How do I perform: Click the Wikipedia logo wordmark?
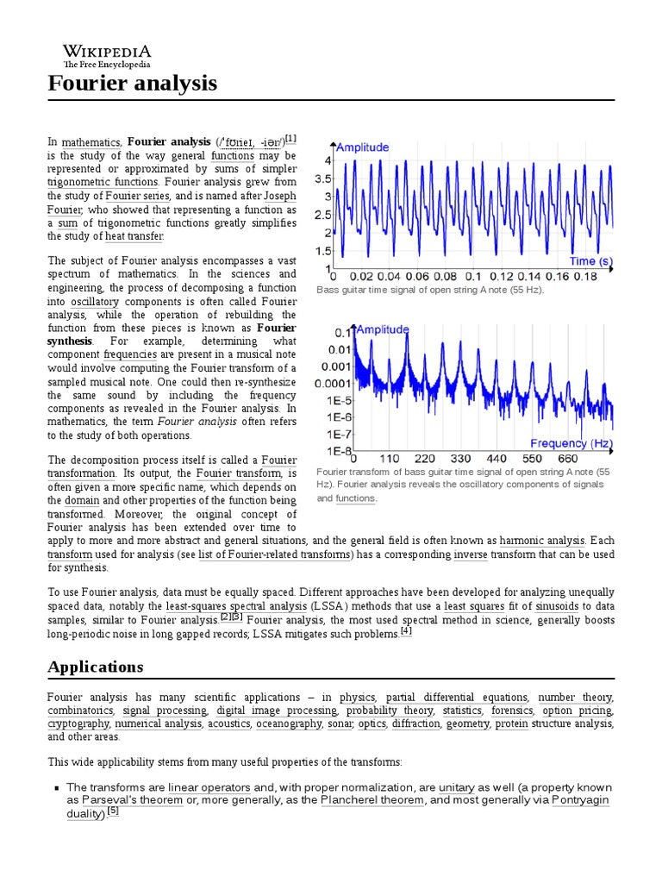point(107,53)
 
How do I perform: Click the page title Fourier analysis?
point(132,84)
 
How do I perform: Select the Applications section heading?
point(96,667)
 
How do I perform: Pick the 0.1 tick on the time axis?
point(473,278)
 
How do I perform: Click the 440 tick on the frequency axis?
point(496,459)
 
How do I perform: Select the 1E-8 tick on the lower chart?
point(337,451)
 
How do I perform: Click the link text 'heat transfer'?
point(134,236)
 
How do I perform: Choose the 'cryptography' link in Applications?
point(78,723)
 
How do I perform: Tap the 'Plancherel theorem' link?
point(372,800)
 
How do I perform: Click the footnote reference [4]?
point(406,631)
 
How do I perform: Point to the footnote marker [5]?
point(113,811)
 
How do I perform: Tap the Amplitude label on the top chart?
point(362,147)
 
